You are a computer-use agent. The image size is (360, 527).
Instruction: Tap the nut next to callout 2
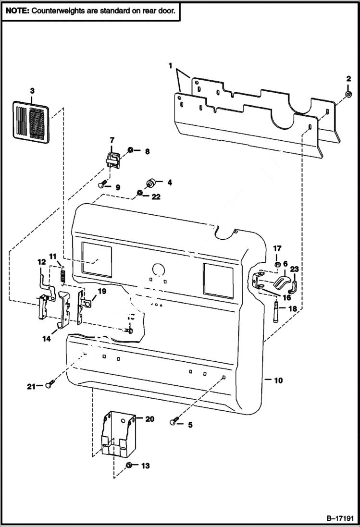[x=348, y=95]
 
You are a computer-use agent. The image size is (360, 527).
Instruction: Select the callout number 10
[x=278, y=380]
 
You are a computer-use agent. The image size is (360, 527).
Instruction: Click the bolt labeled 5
[x=174, y=422]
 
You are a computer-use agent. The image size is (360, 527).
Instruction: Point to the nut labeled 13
[x=129, y=465]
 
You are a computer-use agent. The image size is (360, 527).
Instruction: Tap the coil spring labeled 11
[x=62, y=275]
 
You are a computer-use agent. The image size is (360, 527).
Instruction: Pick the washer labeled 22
[x=139, y=193]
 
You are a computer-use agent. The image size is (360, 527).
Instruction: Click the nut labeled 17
[x=277, y=265]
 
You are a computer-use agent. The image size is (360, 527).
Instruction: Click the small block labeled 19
[x=87, y=303]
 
